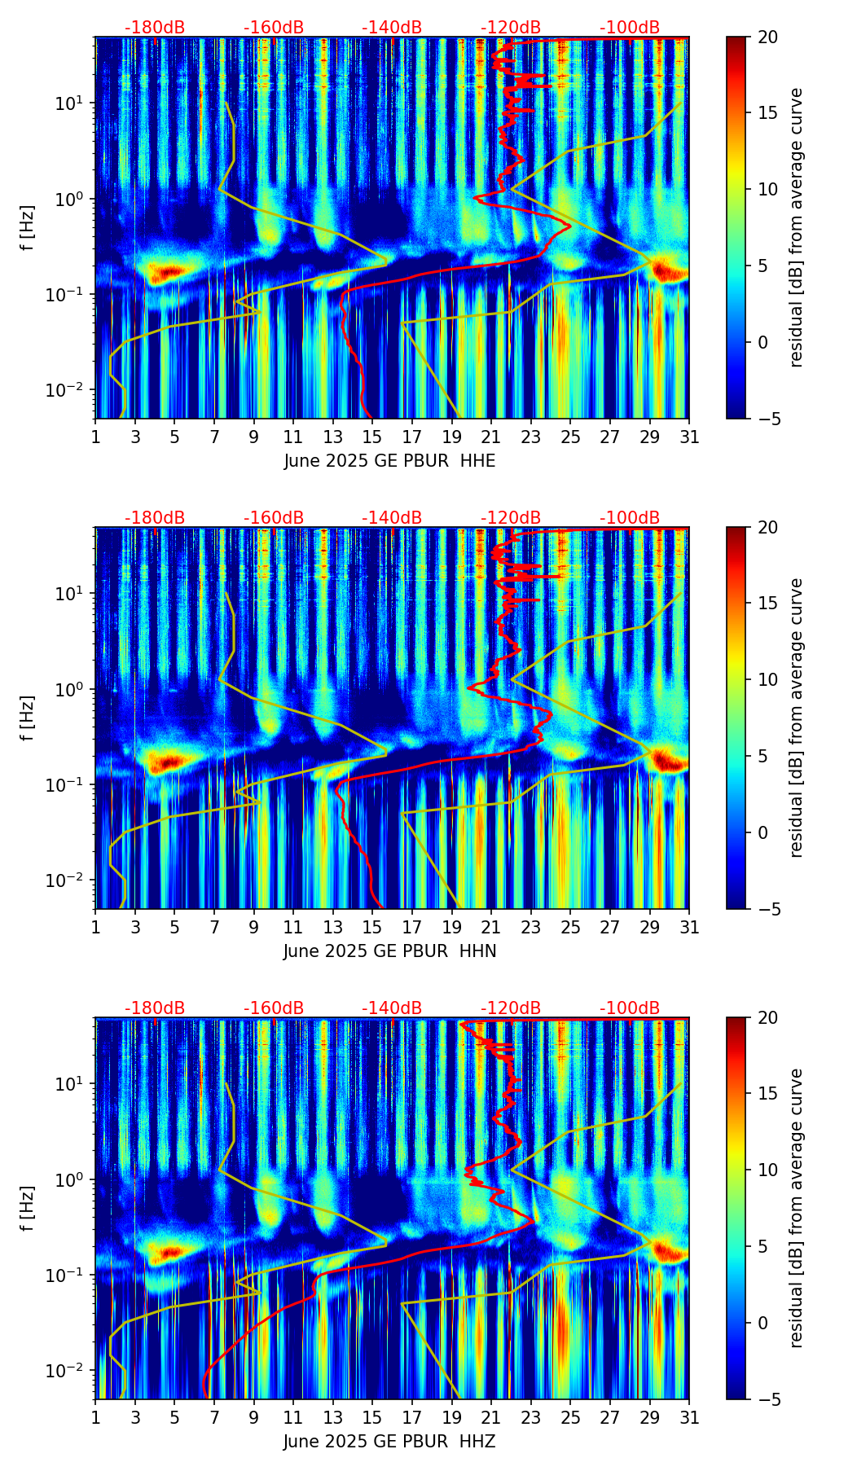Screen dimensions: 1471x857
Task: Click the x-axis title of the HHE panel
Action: click(389, 461)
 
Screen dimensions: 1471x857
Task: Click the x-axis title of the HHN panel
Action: click(389, 951)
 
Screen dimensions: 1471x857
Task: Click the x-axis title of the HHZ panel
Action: click(389, 1442)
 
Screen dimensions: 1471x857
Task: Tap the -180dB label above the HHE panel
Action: click(155, 28)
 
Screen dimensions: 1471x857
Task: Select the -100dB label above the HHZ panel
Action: click(630, 1008)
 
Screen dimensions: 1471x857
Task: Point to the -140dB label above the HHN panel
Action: click(392, 518)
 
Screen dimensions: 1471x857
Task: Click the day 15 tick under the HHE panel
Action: click(372, 437)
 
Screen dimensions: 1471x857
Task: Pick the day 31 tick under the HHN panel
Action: click(689, 927)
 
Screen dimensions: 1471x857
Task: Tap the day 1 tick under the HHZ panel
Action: click(96, 1417)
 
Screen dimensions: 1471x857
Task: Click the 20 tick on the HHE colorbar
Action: click(767, 37)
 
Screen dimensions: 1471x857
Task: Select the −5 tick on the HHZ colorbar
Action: click(767, 1399)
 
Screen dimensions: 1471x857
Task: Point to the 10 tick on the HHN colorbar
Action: click(767, 679)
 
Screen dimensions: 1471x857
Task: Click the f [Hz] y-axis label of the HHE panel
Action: click(27, 227)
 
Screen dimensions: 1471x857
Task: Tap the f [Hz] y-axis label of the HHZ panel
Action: click(27, 1208)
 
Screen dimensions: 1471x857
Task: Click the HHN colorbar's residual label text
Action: click(796, 718)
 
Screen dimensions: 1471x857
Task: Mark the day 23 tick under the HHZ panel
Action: click(530, 1417)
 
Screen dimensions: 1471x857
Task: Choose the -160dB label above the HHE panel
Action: click(274, 28)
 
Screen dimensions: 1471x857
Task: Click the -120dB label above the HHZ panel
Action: click(511, 1008)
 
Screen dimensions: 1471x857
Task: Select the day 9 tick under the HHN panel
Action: click(254, 927)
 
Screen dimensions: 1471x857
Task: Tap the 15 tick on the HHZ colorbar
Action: click(767, 1094)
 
